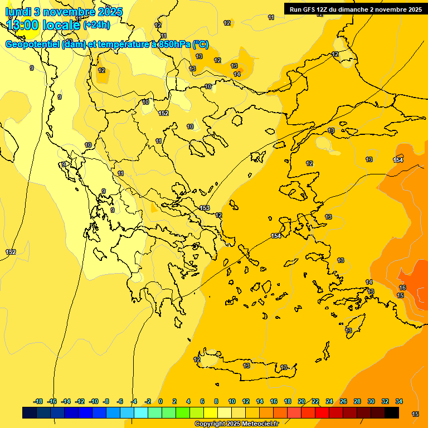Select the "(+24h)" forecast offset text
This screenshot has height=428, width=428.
[96, 25]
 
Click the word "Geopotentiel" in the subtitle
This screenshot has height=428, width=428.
[32, 45]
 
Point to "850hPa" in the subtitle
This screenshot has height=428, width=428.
[174, 45]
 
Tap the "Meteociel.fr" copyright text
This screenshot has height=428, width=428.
[256, 424]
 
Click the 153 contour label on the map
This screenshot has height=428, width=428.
[205, 208]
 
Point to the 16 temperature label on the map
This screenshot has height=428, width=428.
[402, 288]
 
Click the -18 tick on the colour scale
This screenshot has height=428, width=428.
[38, 401]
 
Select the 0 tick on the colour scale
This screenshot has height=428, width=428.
[160, 401]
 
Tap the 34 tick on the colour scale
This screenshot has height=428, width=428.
[399, 401]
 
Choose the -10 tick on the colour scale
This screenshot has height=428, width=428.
[94, 401]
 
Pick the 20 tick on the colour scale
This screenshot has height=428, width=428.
[301, 401]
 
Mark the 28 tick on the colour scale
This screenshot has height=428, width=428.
[357, 401]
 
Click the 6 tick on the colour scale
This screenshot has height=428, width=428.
[202, 401]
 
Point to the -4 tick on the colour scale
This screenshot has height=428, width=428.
[134, 401]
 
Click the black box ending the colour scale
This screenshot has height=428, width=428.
[392, 412]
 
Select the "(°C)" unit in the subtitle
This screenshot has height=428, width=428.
[201, 45]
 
